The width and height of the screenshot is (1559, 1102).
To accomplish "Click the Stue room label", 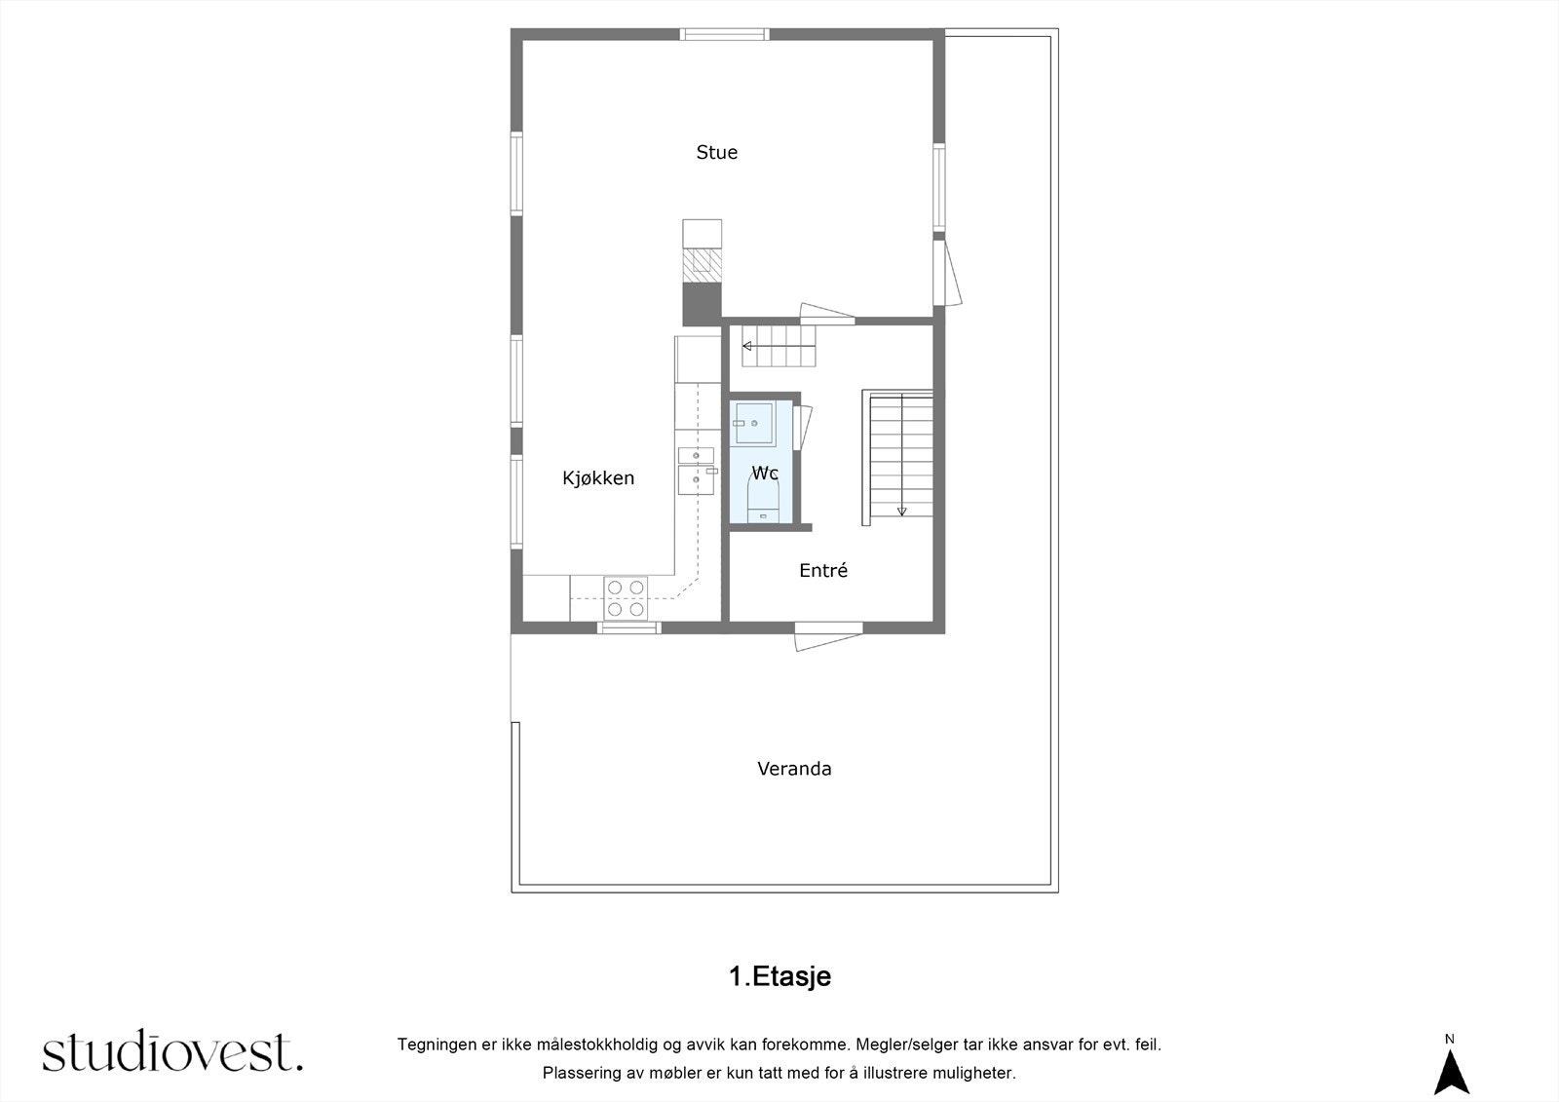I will tap(716, 152).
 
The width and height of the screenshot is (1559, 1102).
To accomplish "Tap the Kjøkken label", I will tap(598, 477).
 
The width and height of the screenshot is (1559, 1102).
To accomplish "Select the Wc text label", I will tap(765, 474).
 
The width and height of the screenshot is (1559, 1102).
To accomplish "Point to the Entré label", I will tap(823, 571).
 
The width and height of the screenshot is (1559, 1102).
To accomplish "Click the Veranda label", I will tap(794, 769).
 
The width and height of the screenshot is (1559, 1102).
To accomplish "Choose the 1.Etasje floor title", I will tap(779, 976).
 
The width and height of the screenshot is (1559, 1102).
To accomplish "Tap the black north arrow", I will tap(1451, 1074).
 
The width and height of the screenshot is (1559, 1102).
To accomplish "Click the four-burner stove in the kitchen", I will tap(626, 597).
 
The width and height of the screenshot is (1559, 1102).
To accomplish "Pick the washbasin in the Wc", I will tap(753, 423).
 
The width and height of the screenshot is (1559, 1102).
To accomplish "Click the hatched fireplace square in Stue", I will tap(702, 262).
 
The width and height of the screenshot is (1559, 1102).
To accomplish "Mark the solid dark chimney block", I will tap(702, 303).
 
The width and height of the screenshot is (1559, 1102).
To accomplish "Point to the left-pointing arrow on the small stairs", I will tap(747, 346).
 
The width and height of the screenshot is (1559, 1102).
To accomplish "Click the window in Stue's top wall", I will tap(725, 35).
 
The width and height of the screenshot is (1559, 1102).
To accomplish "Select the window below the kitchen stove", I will tap(628, 627).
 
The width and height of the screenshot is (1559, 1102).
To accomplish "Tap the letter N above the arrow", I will tap(1450, 1039).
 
